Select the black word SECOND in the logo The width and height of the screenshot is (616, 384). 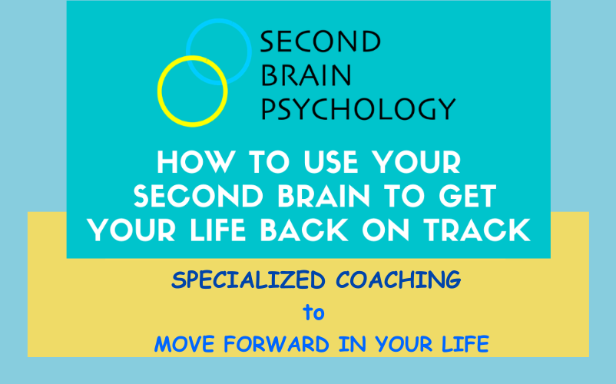tap(320, 41)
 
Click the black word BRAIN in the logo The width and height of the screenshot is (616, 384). tap(306, 75)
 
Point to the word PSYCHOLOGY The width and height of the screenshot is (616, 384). tap(358, 108)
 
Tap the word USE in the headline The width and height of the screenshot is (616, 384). tap(331, 162)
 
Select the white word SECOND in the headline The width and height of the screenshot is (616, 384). tap(199, 196)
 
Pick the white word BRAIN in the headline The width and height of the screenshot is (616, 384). tap(323, 196)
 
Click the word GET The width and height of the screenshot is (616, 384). tap(468, 196)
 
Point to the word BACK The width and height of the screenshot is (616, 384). tap(304, 230)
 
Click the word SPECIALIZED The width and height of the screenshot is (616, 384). tap(248, 280)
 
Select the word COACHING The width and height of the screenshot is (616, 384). tap(399, 280)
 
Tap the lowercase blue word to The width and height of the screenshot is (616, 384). tap(313, 313)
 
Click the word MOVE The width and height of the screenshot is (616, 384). tap(184, 344)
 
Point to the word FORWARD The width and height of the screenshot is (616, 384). tap(277, 344)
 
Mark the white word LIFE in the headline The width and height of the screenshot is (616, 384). tap(218, 230)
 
